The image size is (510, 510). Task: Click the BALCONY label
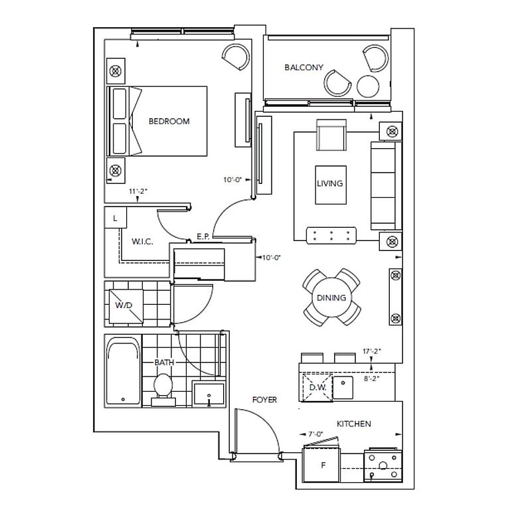(303, 67)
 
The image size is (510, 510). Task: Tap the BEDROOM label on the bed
(169, 122)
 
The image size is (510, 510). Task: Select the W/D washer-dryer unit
(126, 306)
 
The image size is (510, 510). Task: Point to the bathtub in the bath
(124, 371)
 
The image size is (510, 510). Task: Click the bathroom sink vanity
(209, 394)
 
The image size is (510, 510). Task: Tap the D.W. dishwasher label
(317, 387)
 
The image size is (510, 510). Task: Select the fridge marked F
(321, 465)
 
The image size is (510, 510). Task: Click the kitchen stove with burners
(383, 465)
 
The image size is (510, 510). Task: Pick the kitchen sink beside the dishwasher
(343, 387)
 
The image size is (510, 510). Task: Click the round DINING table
(331, 297)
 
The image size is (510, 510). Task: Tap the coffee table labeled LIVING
(331, 185)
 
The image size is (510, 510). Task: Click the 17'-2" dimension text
(372, 351)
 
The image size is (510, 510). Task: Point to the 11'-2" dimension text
(138, 191)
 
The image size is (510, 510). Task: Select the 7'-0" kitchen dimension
(315, 434)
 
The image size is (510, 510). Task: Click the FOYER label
(264, 400)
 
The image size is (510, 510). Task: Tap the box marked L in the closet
(115, 218)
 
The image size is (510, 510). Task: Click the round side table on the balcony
(368, 86)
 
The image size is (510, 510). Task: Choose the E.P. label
(203, 236)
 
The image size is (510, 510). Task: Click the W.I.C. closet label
(142, 242)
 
